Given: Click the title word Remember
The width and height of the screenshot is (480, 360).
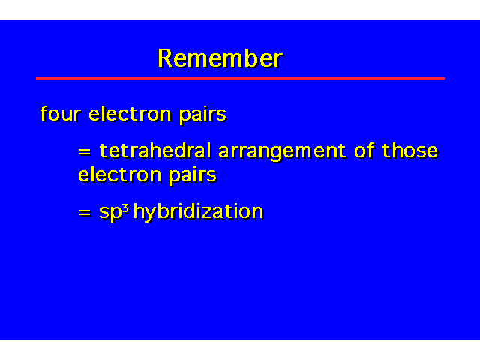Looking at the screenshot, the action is point(220,58).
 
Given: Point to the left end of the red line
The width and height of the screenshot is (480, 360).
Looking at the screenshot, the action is point(36,78).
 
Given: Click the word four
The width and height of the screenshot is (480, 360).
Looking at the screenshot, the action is point(61,113).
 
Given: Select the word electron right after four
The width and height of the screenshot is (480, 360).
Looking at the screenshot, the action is point(130,113).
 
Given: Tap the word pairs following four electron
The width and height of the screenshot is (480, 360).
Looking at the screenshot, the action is point(202,115).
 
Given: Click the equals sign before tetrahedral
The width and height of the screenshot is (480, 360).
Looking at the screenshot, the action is point(85,151).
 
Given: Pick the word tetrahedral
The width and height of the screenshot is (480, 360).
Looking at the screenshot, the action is point(155,151).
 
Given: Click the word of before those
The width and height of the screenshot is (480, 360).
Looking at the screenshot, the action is point(364,151).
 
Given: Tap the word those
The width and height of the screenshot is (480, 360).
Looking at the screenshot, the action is point(410,151).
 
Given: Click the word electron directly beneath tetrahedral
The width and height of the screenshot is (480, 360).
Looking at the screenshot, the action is point(119,175).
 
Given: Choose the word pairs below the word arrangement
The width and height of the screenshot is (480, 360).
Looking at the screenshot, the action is point(193,177).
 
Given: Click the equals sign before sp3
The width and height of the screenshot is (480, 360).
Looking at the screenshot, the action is point(85,212).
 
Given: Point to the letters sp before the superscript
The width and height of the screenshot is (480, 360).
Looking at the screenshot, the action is point(110,213).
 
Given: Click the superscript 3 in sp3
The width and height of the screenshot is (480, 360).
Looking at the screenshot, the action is point(125,208).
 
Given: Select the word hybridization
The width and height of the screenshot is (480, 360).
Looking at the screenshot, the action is point(198,211).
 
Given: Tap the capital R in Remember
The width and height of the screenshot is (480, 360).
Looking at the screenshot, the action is point(166,58).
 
